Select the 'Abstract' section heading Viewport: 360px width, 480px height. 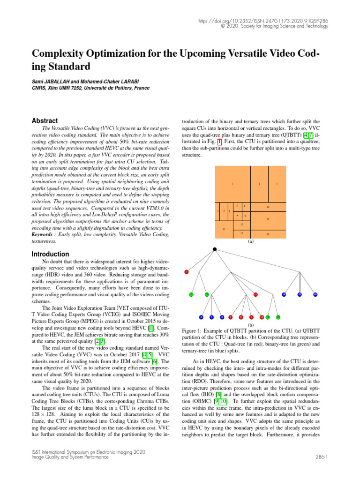pyautogui.click(x=45, y=120)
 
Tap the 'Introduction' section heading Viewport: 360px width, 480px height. pyautogui.click(x=51, y=254)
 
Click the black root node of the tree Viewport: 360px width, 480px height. pyautogui.click(x=215, y=249)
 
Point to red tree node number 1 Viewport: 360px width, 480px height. pyautogui.click(x=187, y=272)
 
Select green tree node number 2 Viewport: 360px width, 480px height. pyautogui.click(x=191, y=294)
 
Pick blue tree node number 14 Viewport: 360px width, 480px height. pyautogui.click(x=284, y=294)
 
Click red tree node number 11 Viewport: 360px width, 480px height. pyautogui.click(x=255, y=294)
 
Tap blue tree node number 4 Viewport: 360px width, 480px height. pyautogui.click(x=201, y=317)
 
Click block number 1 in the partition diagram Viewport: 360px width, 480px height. pyautogui.click(x=232, y=184)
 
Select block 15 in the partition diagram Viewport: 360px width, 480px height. pyautogui.click(x=268, y=219)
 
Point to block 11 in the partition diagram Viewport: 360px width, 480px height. pyautogui.click(x=224, y=229)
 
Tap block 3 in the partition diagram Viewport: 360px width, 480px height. pyautogui.click(x=277, y=184)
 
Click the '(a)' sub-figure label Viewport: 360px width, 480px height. pyautogui.click(x=250, y=242)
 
